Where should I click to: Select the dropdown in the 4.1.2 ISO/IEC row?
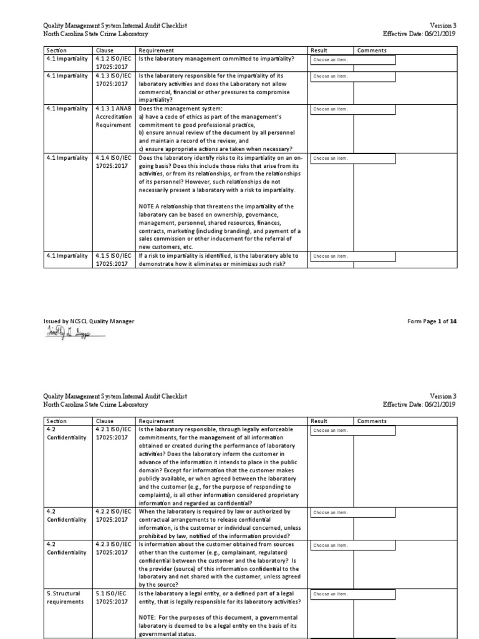(x=352, y=60)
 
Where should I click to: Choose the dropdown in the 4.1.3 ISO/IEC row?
(x=352, y=77)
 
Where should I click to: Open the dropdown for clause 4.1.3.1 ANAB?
(x=352, y=109)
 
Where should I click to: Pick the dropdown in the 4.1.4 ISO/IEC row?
(x=352, y=159)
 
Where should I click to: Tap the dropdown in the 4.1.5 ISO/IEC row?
(x=352, y=256)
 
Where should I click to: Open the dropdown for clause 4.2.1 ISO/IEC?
(x=352, y=431)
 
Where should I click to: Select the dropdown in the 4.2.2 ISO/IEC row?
(x=352, y=513)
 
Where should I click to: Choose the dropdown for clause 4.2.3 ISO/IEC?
(x=352, y=545)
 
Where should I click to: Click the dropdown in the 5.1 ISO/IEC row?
(x=352, y=594)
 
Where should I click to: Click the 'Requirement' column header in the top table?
(x=157, y=51)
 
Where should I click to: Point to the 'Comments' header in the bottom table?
(x=372, y=421)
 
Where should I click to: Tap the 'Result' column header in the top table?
(x=319, y=51)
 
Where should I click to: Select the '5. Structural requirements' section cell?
(x=65, y=598)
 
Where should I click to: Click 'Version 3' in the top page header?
(x=443, y=25)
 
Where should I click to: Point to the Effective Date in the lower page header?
(x=420, y=404)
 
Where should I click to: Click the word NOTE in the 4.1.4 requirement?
(x=147, y=207)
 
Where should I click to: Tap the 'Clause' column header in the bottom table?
(x=105, y=421)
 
